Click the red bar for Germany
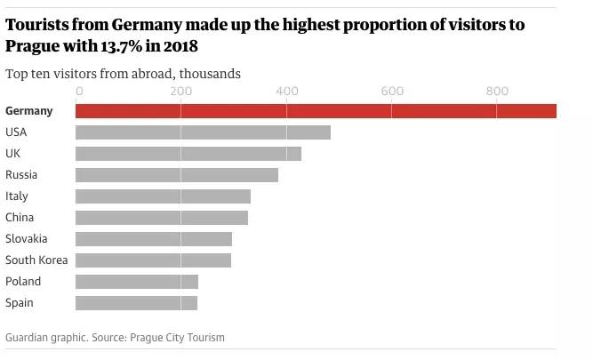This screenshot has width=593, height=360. (316, 111)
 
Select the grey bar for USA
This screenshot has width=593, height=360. (203, 132)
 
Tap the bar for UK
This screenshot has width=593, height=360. (188, 154)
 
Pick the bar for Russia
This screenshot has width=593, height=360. (177, 175)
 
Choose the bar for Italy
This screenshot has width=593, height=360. (163, 196)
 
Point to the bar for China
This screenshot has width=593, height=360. (162, 218)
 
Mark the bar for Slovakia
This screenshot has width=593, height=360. (154, 239)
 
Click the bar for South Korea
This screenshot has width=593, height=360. (153, 260)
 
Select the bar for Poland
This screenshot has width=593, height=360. (137, 282)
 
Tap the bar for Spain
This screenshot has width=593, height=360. (136, 303)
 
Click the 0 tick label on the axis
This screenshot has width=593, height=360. (80, 91)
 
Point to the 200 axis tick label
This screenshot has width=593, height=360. (180, 91)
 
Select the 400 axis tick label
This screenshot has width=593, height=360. (286, 91)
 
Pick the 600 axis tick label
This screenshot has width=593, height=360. (391, 91)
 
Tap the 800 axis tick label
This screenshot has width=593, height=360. (497, 91)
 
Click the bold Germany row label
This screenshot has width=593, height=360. (29, 111)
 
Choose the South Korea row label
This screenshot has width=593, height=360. (36, 260)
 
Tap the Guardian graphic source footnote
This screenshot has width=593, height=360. (115, 338)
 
